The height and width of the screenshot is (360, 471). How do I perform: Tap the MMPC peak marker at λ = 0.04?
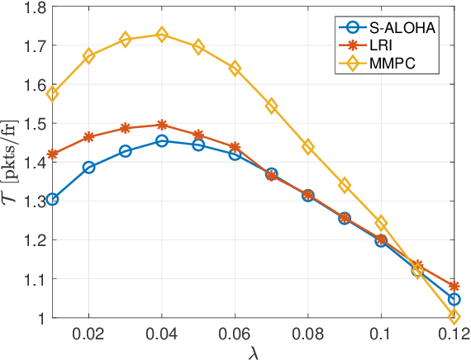[162, 35]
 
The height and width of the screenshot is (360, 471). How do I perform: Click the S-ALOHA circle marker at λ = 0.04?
[162, 140]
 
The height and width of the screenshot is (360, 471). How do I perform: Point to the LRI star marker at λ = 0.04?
[162, 125]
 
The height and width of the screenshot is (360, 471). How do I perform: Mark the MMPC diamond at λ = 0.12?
[454, 317]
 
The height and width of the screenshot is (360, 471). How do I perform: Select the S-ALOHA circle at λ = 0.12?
[454, 299]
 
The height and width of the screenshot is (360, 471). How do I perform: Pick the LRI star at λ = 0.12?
[454, 286]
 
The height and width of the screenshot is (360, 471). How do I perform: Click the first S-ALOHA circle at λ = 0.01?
[53, 199]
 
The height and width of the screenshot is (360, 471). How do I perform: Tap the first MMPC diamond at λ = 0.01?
[53, 94]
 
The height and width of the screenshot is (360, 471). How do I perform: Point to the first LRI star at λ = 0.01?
[53, 154]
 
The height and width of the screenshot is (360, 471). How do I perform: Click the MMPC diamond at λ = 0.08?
[308, 147]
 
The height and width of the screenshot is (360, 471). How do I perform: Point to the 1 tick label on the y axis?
[41, 318]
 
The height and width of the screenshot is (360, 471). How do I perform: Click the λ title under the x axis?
[253, 351]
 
